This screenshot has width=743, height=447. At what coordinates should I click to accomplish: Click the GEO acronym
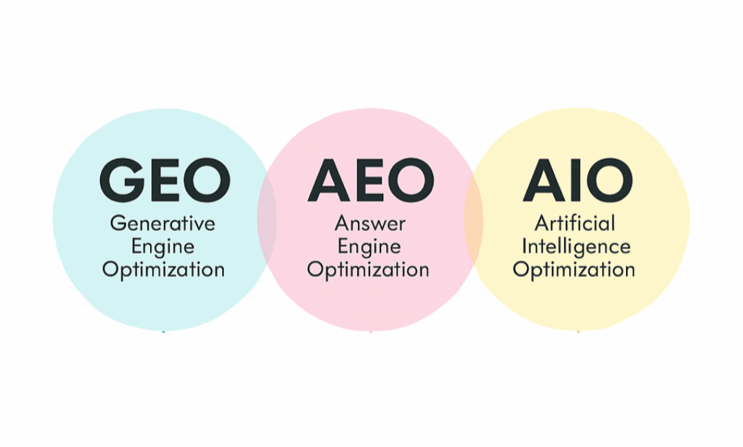[x=164, y=180]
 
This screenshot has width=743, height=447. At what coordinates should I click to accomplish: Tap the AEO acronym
[x=371, y=180]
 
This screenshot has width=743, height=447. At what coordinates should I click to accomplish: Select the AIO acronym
[x=577, y=180]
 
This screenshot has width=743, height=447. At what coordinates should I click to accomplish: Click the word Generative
[x=163, y=223]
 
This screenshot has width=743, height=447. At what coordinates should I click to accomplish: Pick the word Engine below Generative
[x=163, y=247]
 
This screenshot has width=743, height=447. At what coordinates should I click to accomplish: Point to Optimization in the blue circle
[x=163, y=269]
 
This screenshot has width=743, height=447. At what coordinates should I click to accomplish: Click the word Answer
[x=369, y=223]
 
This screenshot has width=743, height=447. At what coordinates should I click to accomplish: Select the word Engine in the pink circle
[x=369, y=246]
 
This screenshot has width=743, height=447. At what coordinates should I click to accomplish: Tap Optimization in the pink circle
[x=368, y=269]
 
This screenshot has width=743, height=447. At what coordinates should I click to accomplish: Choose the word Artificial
[x=575, y=223]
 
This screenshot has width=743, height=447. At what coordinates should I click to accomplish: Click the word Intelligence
[x=576, y=246]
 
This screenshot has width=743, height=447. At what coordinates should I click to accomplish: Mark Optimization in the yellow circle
[x=574, y=269]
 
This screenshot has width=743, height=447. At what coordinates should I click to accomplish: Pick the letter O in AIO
[x=607, y=180]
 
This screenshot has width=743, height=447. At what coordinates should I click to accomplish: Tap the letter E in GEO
[x=165, y=180]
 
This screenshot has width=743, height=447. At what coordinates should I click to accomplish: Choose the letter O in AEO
[x=411, y=180]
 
